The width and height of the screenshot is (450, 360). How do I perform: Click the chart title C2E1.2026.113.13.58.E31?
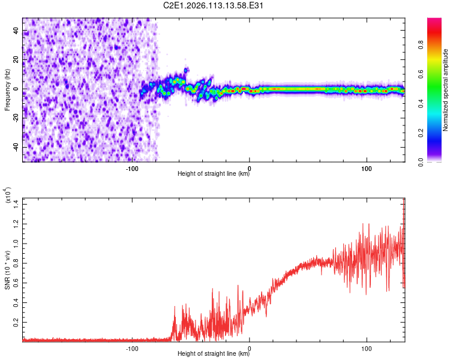point(214,6)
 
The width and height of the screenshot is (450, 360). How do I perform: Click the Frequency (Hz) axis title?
point(7,89)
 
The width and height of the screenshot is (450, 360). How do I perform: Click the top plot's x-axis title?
point(214,174)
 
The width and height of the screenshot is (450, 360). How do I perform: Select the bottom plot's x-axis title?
point(214,353)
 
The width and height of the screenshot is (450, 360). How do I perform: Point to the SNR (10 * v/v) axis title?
point(7,269)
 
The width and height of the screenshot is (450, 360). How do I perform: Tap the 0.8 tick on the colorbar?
point(436,45)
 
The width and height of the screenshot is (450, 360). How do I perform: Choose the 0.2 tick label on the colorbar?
point(436,133)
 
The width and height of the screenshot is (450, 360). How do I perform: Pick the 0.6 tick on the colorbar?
point(436,74)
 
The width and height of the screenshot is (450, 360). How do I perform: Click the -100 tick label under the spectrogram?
point(133,169)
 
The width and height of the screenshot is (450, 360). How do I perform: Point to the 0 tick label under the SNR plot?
point(250,348)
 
